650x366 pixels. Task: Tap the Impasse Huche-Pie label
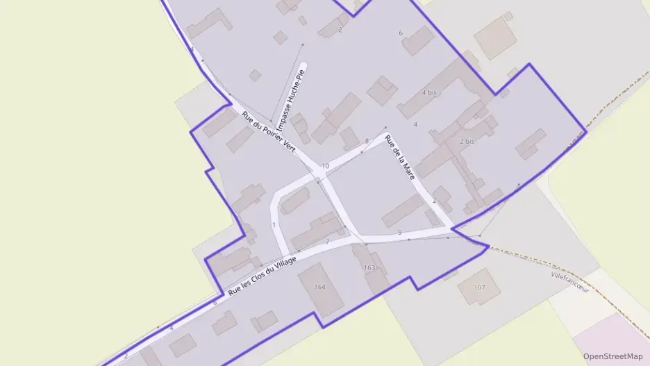click(x=292, y=99)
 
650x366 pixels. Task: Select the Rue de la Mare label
click(x=400, y=158)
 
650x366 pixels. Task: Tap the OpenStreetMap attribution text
click(x=612, y=356)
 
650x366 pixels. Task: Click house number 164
click(x=319, y=287)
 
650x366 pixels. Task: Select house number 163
click(x=369, y=267)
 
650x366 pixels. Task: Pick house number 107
click(x=479, y=287)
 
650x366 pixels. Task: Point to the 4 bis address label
click(x=429, y=92)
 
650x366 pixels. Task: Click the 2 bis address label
click(x=467, y=141)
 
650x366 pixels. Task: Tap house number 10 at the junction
click(x=325, y=166)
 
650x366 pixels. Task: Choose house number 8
click(x=367, y=141)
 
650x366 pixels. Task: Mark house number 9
click(x=400, y=232)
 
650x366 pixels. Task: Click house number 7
click(x=327, y=241)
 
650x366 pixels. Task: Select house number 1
click(x=274, y=224)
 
